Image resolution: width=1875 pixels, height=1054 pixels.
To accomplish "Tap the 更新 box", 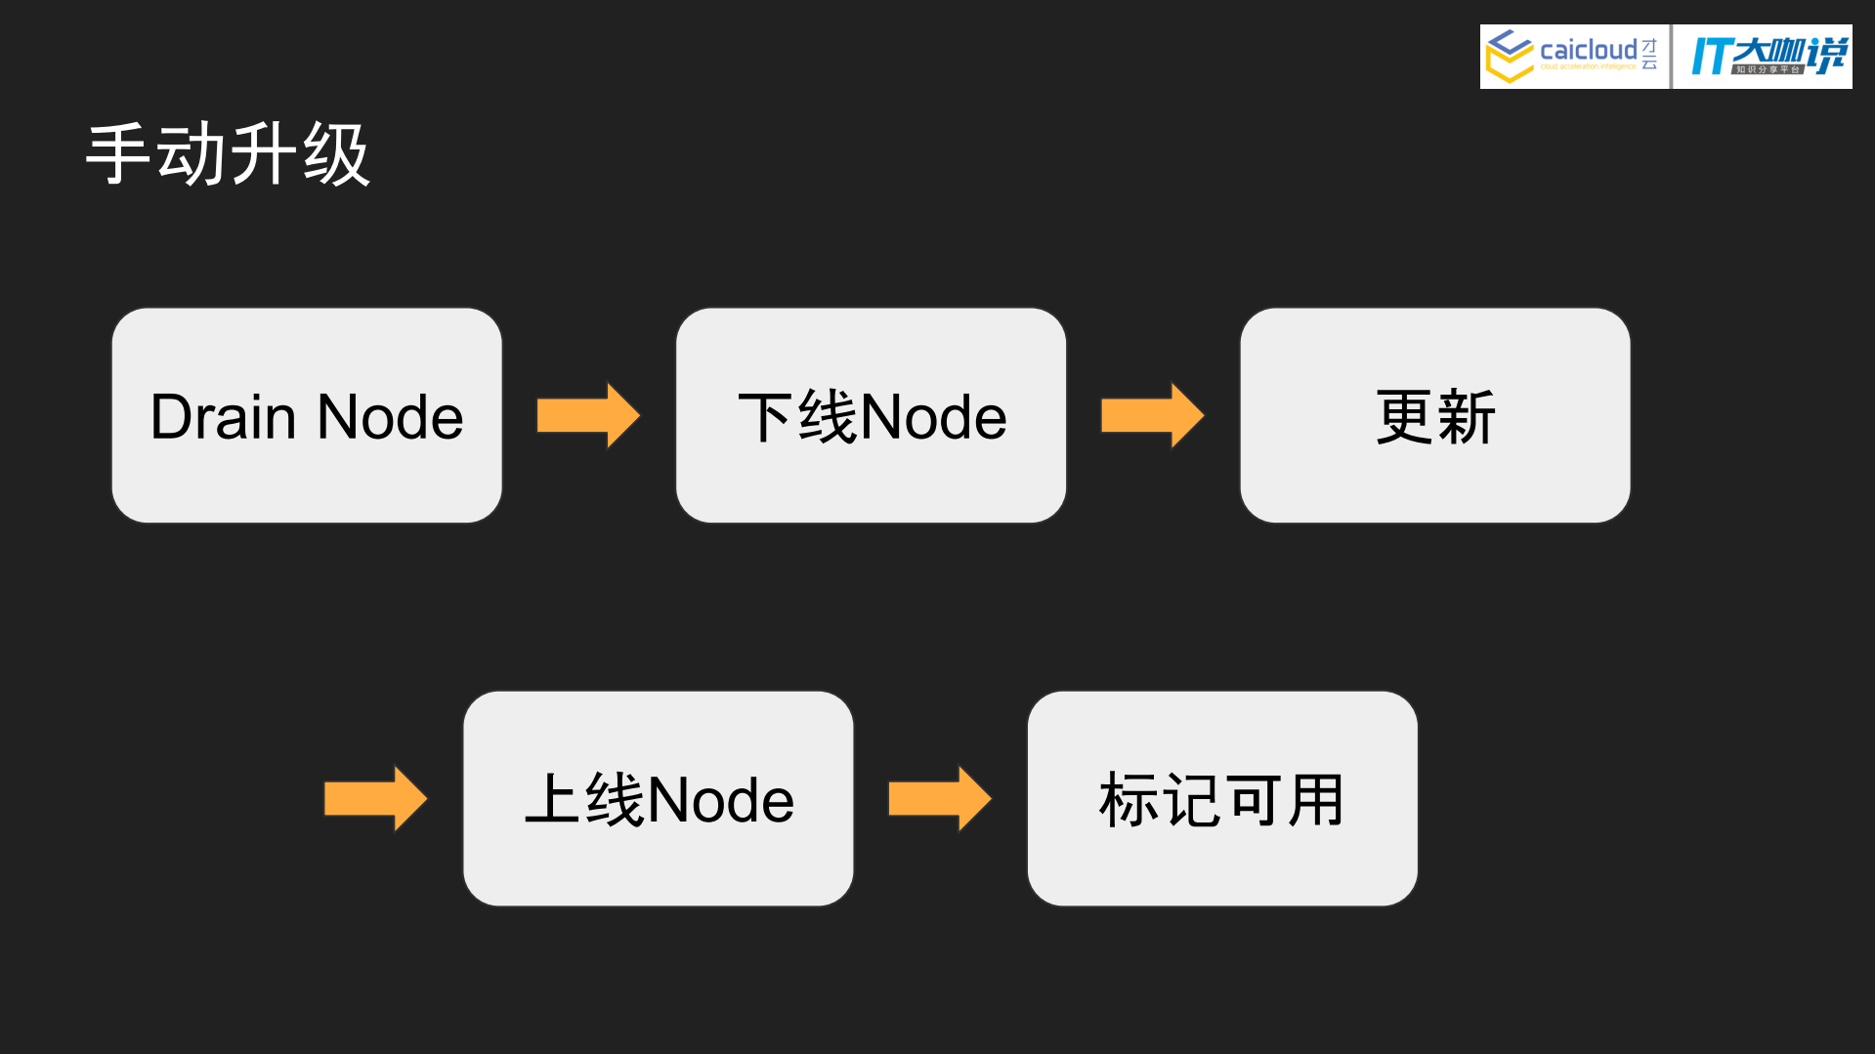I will [x=1434, y=416].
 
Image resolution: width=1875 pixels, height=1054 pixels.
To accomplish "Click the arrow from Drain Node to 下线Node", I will [x=588, y=415].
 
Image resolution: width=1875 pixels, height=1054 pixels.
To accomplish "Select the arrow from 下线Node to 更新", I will [x=1152, y=415].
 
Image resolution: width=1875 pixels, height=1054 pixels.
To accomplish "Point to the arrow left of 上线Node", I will [x=375, y=798].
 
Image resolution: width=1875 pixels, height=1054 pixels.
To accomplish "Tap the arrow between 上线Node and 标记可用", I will [x=939, y=798].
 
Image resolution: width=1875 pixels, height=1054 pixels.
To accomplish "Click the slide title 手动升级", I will [x=228, y=154].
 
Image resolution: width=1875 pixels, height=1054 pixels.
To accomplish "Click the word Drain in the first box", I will [x=223, y=417].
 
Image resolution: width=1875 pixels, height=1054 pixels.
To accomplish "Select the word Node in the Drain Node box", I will [x=390, y=417].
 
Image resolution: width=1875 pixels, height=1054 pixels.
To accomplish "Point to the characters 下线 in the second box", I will [x=798, y=417].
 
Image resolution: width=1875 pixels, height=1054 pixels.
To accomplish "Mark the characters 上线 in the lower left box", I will [x=584, y=800].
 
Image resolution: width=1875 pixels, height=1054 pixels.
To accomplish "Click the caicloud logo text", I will [x=1588, y=50].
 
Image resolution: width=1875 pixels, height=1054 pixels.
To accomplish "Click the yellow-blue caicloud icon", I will [x=1509, y=56].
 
